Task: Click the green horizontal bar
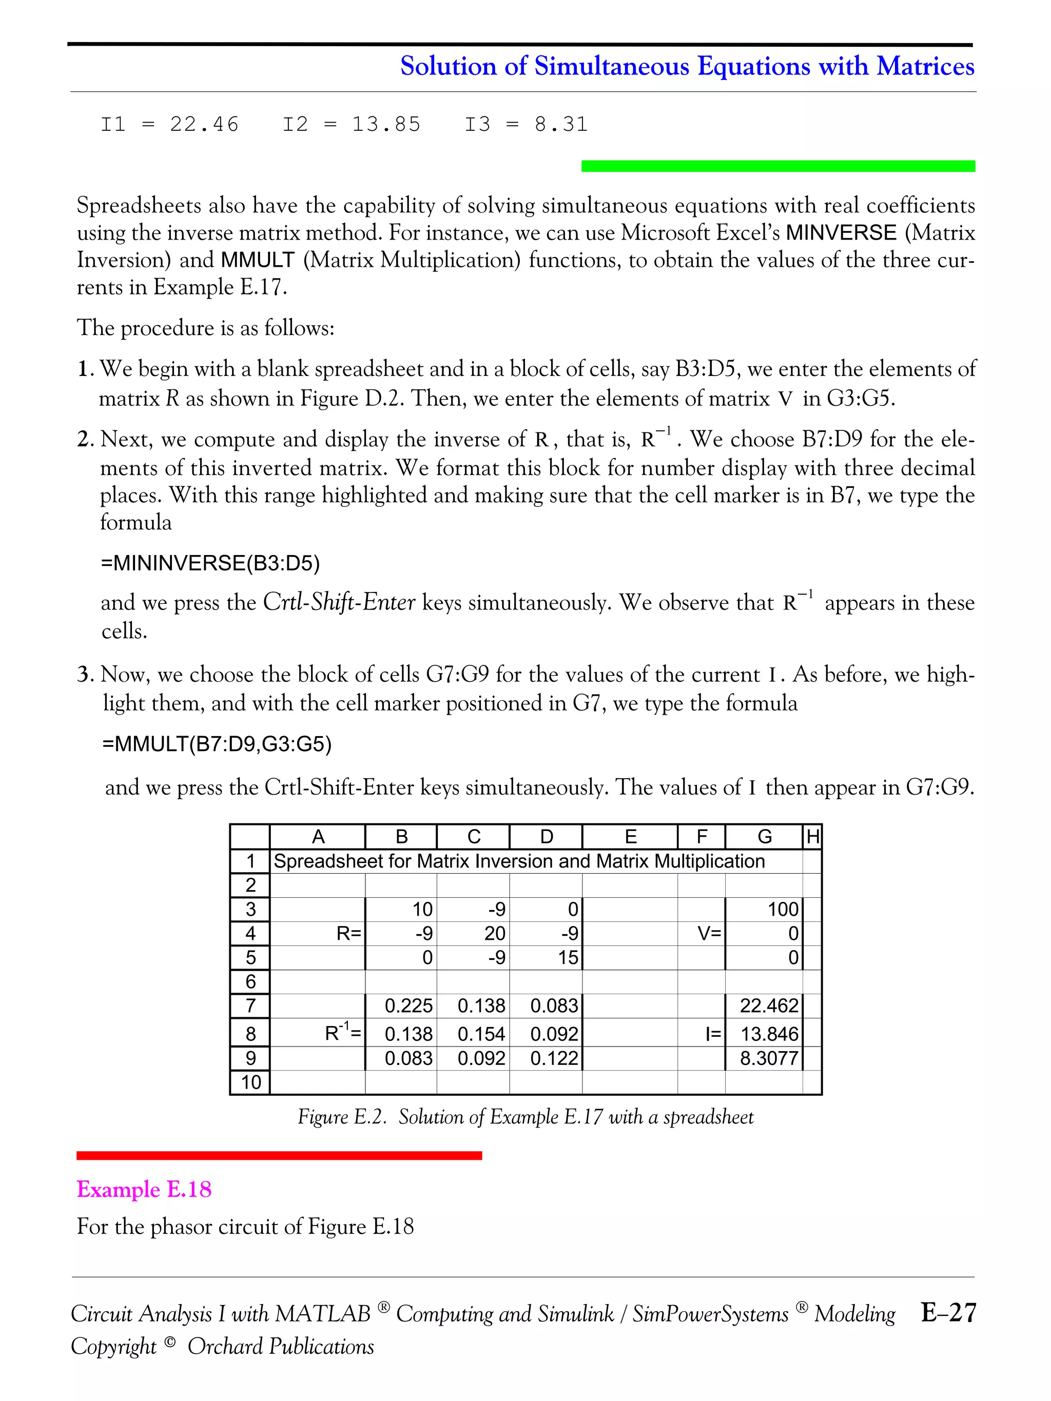click(x=777, y=166)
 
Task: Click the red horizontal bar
click(x=279, y=1155)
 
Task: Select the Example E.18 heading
click(x=144, y=1190)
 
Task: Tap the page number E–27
click(x=948, y=1312)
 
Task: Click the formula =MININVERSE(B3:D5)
click(x=210, y=562)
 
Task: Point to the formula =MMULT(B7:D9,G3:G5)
click(x=217, y=743)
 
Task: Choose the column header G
click(x=764, y=837)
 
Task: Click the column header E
click(x=630, y=837)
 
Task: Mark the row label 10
click(x=251, y=1082)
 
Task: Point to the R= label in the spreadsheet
click(x=348, y=934)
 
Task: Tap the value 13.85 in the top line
click(x=386, y=124)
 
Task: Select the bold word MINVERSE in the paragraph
click(x=841, y=232)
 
